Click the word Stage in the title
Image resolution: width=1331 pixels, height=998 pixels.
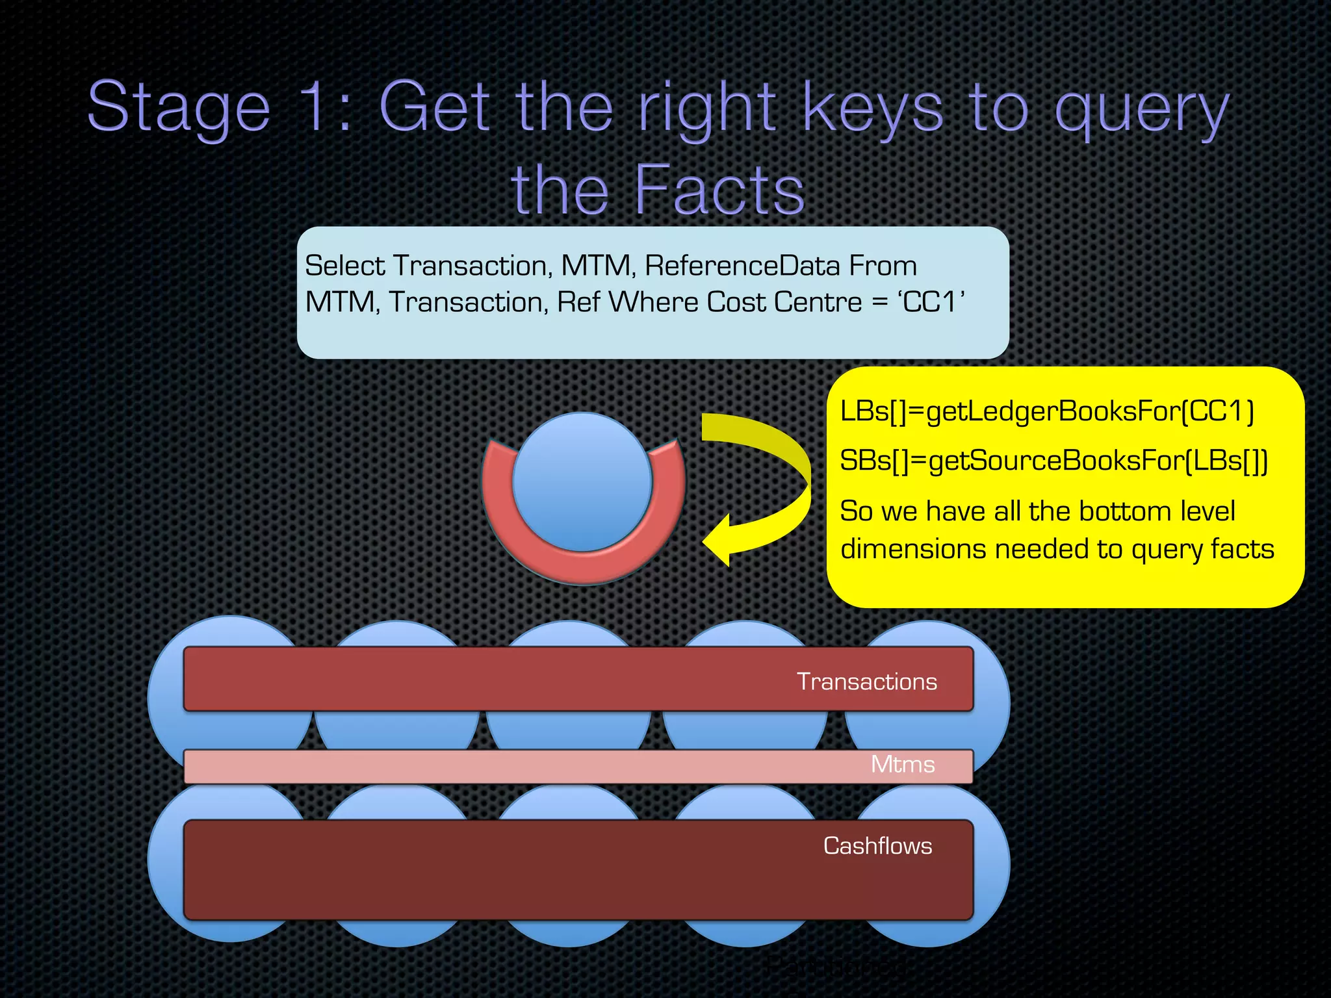click(179, 107)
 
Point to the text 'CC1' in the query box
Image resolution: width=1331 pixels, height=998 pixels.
click(931, 302)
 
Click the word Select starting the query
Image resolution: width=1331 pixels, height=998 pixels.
click(345, 266)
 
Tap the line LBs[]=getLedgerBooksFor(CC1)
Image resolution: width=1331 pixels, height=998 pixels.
click(1046, 411)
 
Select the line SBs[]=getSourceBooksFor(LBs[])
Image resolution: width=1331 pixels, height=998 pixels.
click(1053, 461)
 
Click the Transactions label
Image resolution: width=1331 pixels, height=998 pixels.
click(866, 682)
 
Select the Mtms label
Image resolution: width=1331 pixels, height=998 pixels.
click(902, 764)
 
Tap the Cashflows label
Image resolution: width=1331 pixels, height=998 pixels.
click(877, 846)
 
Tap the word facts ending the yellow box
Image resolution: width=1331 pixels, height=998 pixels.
click(1242, 550)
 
